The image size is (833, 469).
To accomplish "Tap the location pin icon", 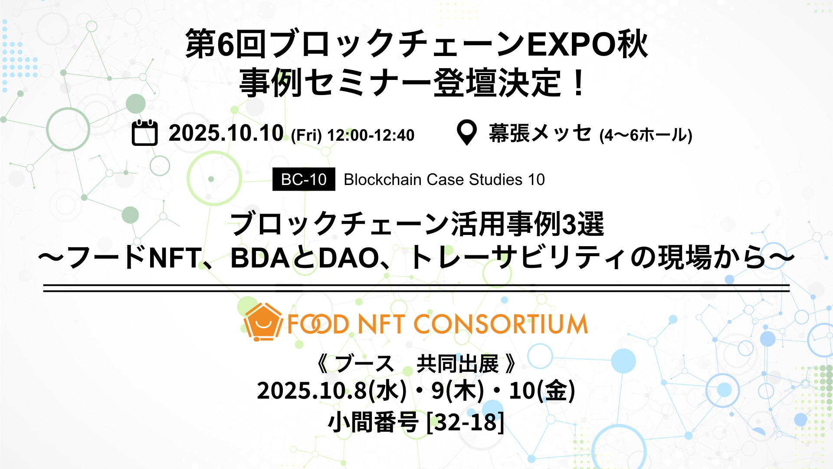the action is point(467,132).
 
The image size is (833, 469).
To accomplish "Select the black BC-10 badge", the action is point(304,179).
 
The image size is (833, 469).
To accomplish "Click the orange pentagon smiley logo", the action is point(263,322).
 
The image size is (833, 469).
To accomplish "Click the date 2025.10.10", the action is point(226,133).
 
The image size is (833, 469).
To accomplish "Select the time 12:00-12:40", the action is point(371,135).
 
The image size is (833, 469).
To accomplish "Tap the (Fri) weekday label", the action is point(306,135).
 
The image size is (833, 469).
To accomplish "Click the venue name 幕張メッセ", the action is point(540,133).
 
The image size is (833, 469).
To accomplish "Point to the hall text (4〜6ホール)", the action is point(646,135).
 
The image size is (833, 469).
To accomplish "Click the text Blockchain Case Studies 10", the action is point(444,179).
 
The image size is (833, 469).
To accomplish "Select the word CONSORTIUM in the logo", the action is point(501,324).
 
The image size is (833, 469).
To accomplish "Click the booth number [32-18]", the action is point(466,422).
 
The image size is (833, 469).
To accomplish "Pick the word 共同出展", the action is point(457,364).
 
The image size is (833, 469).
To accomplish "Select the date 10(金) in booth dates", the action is point(542,390).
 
